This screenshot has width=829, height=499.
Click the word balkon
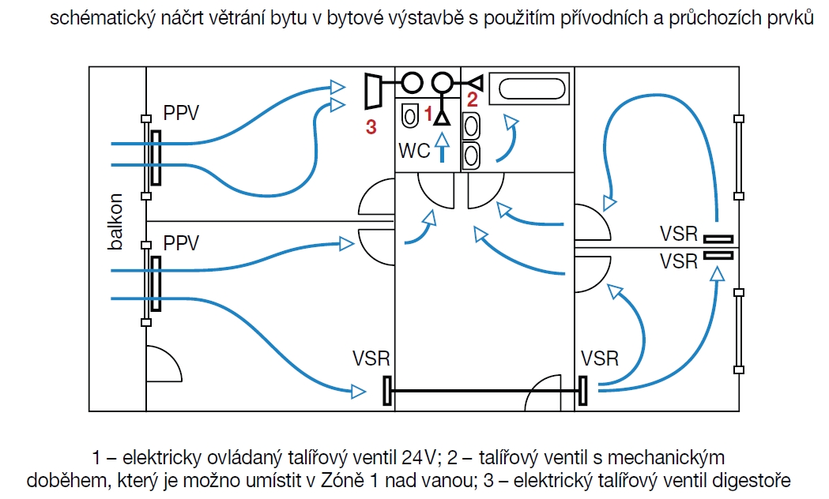(117, 222)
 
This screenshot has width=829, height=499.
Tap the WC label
(414, 150)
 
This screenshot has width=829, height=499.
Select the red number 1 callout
(428, 114)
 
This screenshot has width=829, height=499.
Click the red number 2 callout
(473, 99)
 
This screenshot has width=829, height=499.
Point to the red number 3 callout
(371, 127)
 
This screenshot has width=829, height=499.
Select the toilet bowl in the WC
(409, 114)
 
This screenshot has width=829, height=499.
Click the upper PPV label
(181, 113)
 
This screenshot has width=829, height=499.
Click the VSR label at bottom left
(371, 358)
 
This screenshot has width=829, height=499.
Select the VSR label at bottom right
(599, 358)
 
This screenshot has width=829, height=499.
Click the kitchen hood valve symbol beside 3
(374, 90)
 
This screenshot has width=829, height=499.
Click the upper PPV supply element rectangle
(157, 158)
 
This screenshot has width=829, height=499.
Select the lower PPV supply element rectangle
(157, 284)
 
